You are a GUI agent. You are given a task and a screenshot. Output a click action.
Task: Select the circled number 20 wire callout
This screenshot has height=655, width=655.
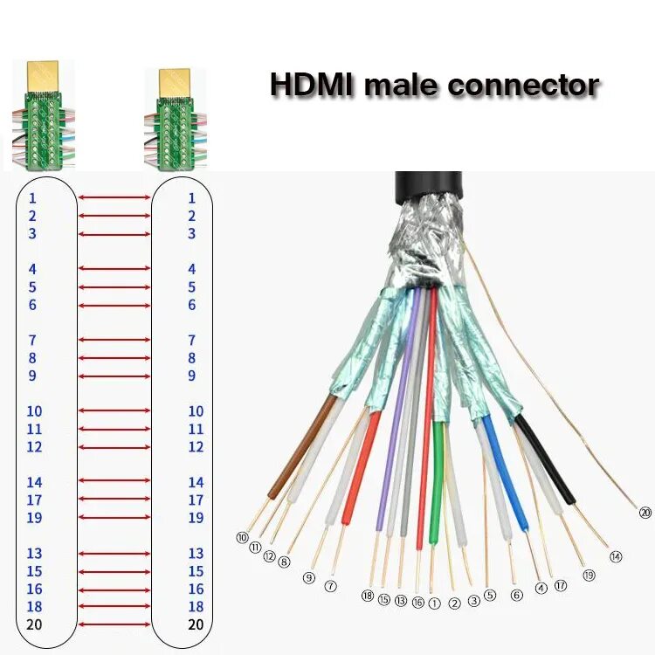tap(645, 513)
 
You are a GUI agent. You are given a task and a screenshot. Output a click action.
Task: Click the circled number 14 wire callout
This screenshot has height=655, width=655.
tap(615, 556)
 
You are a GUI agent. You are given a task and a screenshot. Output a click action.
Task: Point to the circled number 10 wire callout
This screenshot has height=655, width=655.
tap(242, 537)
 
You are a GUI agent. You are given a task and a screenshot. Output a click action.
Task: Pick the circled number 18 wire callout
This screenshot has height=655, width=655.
tap(367, 596)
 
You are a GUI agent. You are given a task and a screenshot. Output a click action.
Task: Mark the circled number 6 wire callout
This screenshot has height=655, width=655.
tap(516, 595)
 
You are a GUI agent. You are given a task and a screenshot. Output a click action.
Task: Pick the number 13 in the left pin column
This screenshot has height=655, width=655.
tap(34, 553)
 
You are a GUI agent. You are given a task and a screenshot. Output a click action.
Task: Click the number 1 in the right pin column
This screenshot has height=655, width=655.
tap(192, 198)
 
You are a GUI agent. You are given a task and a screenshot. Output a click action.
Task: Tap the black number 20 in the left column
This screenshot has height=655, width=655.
tap(34, 624)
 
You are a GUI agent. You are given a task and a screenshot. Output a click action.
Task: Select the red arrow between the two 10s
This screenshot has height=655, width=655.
tap(114, 410)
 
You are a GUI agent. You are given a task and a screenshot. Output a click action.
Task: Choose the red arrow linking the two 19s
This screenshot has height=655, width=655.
tap(114, 518)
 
